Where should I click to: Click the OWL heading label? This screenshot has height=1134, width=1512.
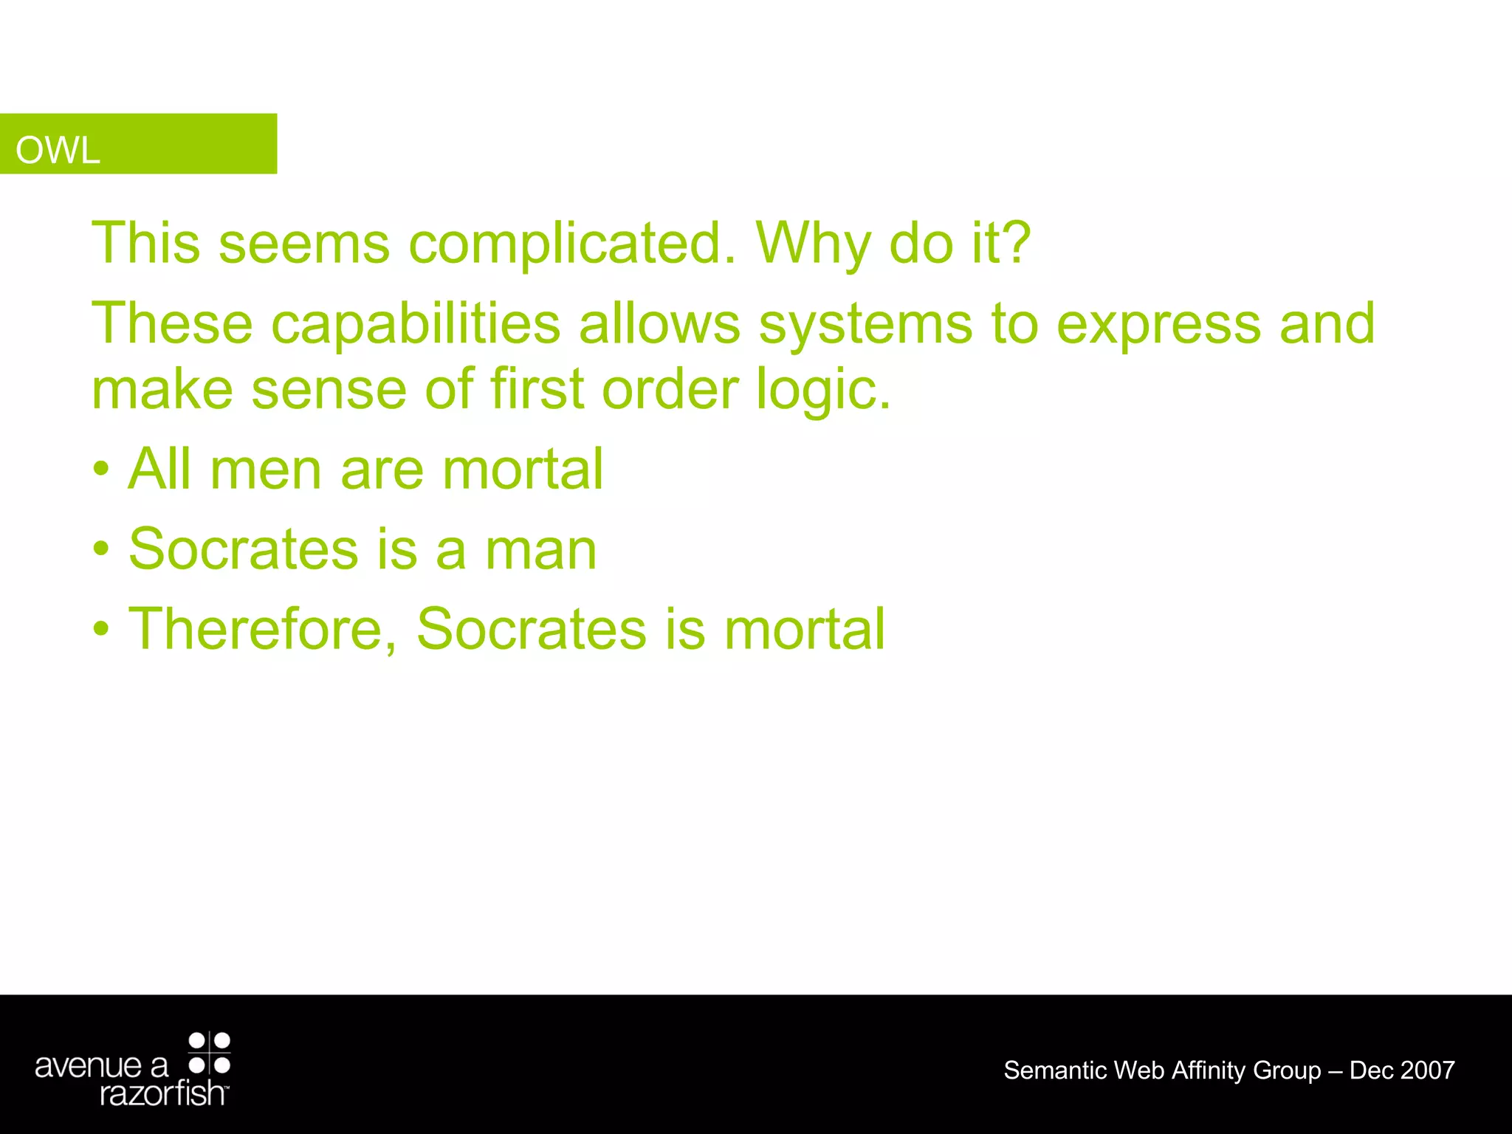point(58,151)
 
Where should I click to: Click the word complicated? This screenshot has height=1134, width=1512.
point(572,244)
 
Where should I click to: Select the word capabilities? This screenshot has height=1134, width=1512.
point(416,325)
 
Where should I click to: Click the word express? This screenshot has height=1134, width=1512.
point(1158,325)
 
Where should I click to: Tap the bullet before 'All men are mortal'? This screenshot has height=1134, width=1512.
point(102,470)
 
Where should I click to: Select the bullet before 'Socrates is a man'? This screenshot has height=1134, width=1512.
point(102,549)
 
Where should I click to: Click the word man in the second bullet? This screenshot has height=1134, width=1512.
point(540,550)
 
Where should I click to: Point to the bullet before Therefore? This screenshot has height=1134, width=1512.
point(102,629)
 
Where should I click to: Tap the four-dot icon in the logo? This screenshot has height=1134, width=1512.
point(210,1054)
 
